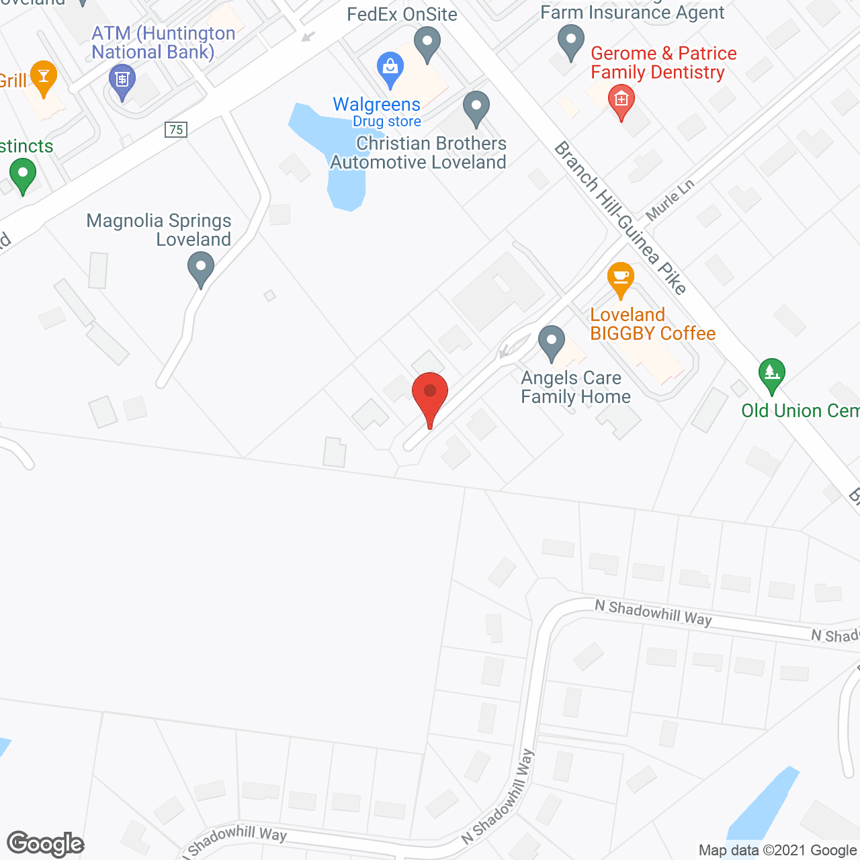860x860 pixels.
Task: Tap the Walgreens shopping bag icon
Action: click(390, 68)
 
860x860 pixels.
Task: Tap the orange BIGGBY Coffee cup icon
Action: click(620, 277)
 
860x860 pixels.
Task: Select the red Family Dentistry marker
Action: click(621, 101)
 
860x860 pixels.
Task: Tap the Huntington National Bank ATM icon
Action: click(122, 81)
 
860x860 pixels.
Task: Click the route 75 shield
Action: click(176, 130)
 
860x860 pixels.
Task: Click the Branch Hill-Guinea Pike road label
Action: click(619, 218)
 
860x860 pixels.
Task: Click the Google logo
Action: click(45, 844)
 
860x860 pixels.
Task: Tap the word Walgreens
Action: click(376, 105)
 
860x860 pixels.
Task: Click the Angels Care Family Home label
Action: click(576, 388)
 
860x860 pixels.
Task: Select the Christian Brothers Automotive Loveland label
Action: click(419, 153)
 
